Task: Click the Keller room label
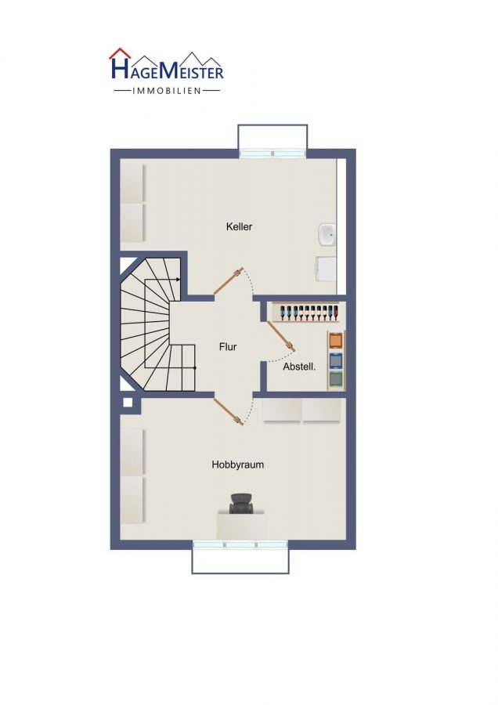tap(239, 226)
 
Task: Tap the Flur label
tap(228, 347)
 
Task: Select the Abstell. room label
tap(299, 367)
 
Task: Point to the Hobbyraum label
tap(238, 465)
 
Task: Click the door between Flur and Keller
tap(229, 281)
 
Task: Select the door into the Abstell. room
tap(281, 335)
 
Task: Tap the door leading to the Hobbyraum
tap(229, 411)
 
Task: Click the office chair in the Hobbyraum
tap(241, 504)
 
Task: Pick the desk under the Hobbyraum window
tap(241, 524)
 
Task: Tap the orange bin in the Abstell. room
tap(336, 341)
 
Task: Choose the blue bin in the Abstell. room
tap(336, 360)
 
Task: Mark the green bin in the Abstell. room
tap(336, 380)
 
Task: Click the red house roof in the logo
tap(120, 53)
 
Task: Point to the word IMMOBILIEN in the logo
tap(167, 91)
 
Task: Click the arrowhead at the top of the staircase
tap(179, 280)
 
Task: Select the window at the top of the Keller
tap(272, 154)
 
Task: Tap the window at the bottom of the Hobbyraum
tap(240, 545)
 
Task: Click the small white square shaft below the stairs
tap(128, 403)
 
